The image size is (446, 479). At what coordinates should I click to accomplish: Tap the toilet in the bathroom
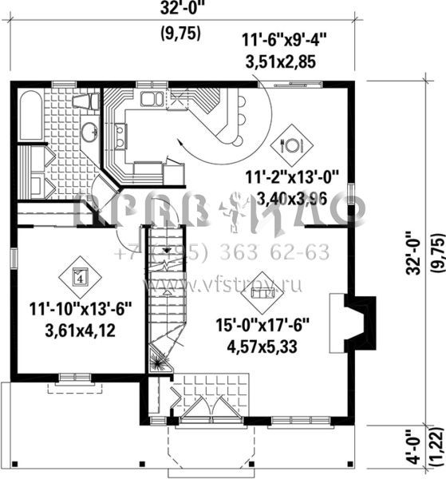pyautogui.click(x=85, y=103)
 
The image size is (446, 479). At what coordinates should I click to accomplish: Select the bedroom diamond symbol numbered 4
pyautogui.click(x=79, y=276)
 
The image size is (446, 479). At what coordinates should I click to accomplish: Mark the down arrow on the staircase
pyautogui.click(x=166, y=254)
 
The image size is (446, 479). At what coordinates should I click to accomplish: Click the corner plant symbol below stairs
pyautogui.click(x=159, y=362)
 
